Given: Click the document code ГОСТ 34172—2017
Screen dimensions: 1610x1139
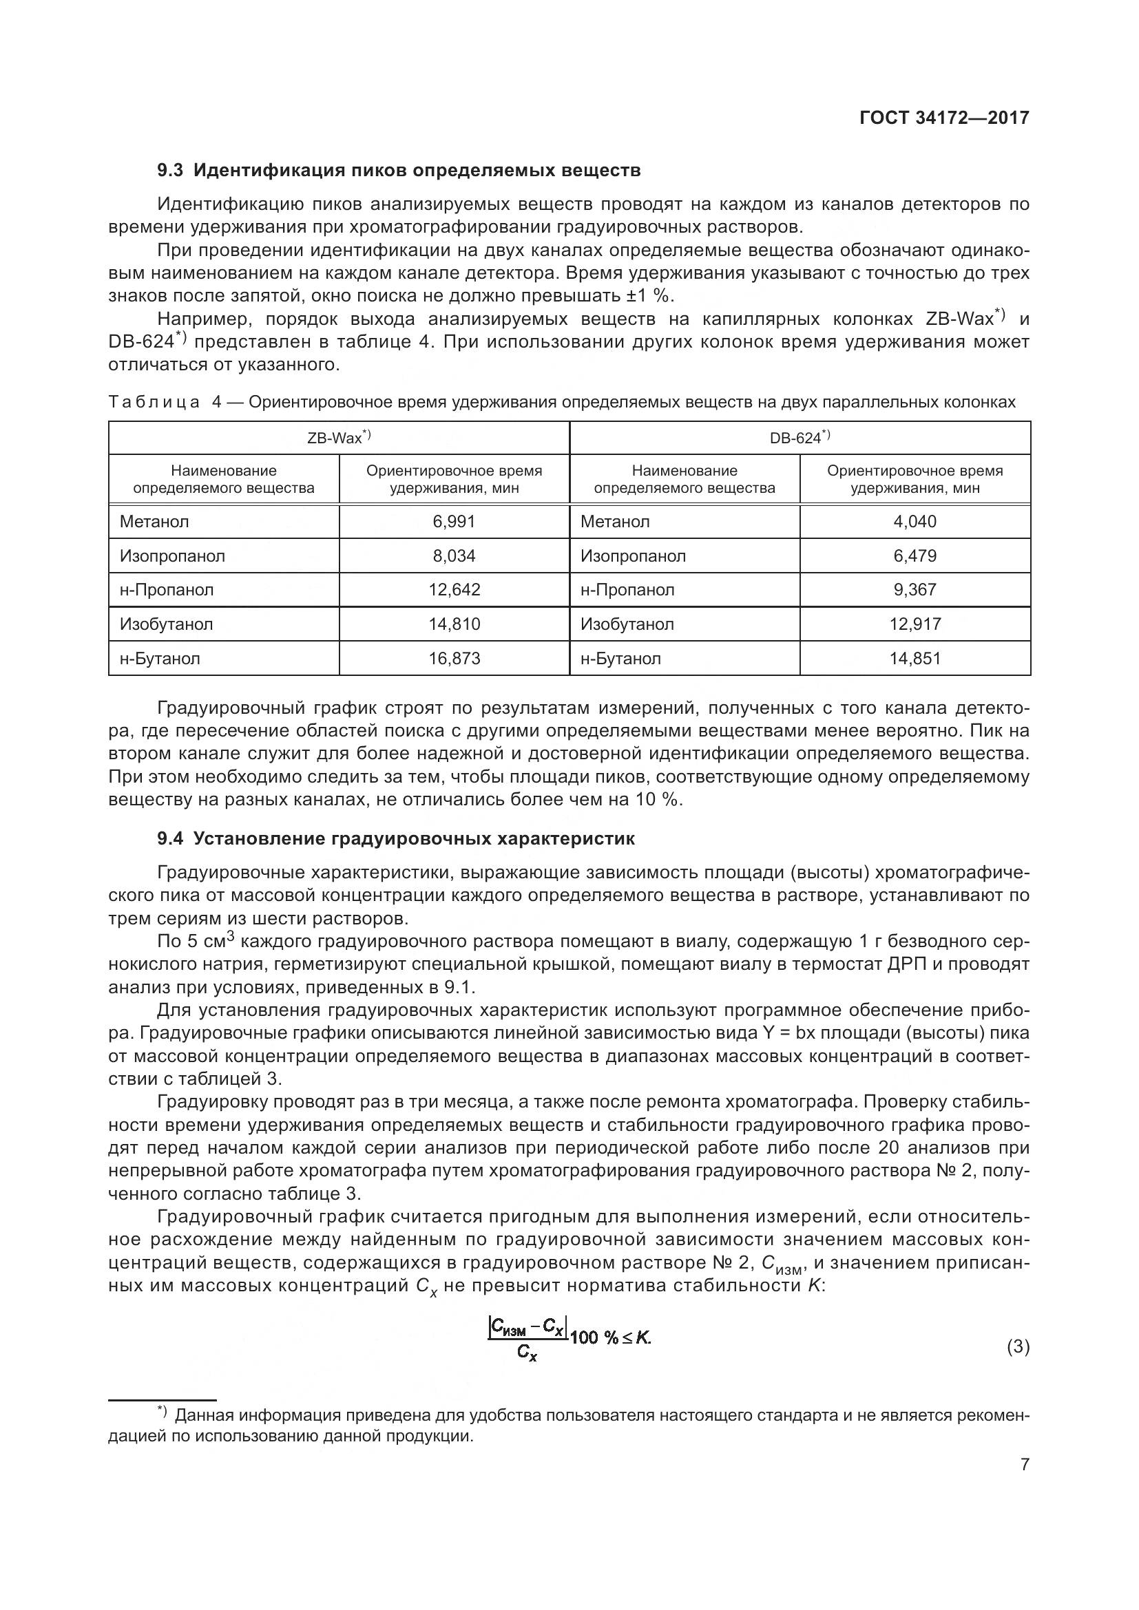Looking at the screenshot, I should (x=943, y=118).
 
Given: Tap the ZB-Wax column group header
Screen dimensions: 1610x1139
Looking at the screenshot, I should (x=339, y=438).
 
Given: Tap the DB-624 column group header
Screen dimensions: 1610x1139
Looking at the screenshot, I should (x=800, y=438).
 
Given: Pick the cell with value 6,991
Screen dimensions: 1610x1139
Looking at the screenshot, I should (x=454, y=522).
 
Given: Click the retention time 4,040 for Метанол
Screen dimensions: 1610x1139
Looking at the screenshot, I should (x=915, y=522).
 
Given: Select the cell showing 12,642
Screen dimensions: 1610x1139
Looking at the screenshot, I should (x=454, y=590).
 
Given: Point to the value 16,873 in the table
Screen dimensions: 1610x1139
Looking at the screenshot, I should (x=454, y=659).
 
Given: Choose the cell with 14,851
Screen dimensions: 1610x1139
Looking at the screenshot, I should (x=915, y=659).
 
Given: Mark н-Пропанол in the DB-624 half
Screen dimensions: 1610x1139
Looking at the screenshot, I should (x=627, y=590).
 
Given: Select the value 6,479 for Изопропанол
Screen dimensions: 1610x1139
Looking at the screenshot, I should (x=915, y=556).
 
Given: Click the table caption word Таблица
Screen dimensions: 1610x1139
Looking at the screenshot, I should (x=154, y=403).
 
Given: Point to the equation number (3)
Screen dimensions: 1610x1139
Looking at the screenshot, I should (x=1018, y=1347).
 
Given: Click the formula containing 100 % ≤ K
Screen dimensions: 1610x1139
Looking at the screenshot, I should (x=569, y=1338).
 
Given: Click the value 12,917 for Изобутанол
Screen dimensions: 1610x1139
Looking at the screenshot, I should (x=915, y=624).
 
